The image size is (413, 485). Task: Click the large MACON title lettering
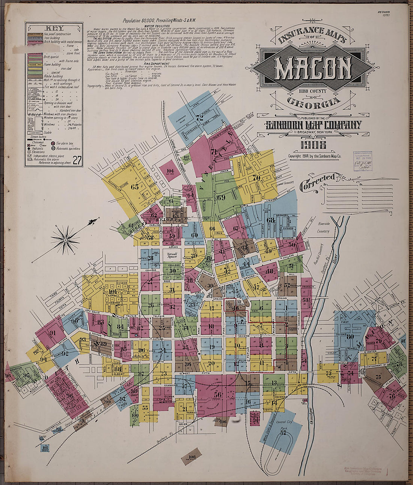[x=312, y=68]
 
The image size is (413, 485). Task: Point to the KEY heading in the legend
[x=54, y=29]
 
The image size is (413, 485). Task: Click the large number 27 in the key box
[x=77, y=161]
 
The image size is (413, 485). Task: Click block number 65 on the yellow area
[x=134, y=186]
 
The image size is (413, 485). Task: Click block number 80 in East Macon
[x=350, y=337]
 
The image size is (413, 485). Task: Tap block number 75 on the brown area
[x=378, y=376]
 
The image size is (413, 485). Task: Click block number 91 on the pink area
[x=52, y=333]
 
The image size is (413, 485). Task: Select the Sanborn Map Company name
[x=314, y=125]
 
